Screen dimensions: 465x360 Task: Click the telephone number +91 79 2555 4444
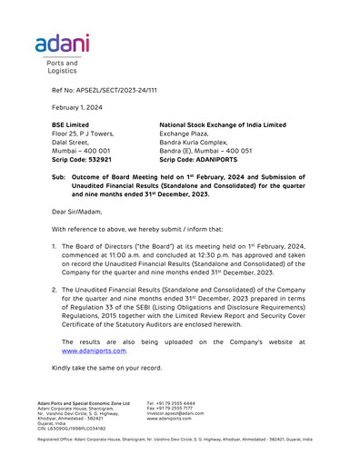tap(176, 403)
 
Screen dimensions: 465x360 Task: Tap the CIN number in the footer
tap(72, 428)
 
